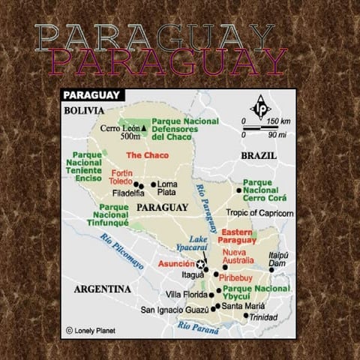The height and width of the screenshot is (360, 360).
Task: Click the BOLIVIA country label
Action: tap(83, 109)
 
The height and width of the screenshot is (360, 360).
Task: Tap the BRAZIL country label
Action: tap(258, 154)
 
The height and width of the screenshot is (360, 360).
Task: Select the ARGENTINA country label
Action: tap(103, 289)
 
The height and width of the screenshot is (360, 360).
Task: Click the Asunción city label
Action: tap(176, 264)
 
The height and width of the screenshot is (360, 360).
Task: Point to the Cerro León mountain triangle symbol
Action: tap(143, 128)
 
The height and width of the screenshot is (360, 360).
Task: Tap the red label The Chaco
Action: tap(147, 155)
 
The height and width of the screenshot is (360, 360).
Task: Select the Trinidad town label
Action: tap(264, 318)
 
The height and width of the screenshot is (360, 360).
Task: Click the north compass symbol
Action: tap(261, 106)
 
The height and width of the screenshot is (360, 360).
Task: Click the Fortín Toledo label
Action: tap(121, 177)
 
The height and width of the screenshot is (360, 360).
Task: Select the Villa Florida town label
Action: tap(185, 295)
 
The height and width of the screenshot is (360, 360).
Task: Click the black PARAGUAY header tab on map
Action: tap(93, 95)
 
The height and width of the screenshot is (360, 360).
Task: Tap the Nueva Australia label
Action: tap(239, 256)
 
